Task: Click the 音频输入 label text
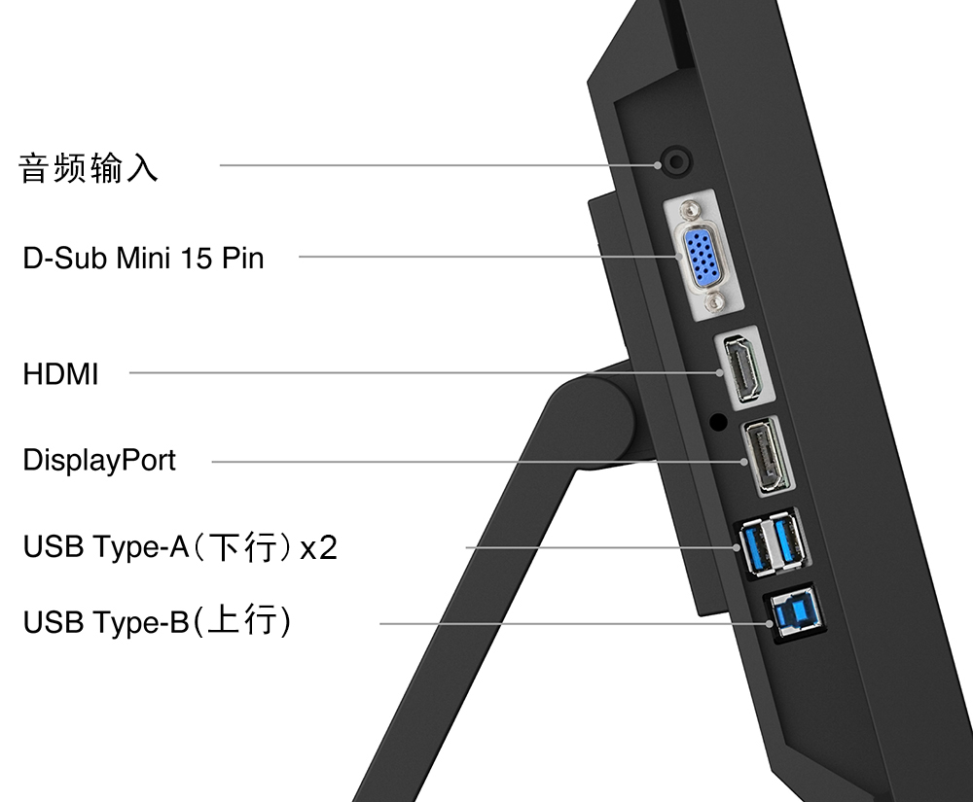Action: pyautogui.click(x=89, y=168)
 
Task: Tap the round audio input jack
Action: pyautogui.click(x=677, y=162)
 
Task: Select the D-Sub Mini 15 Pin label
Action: pyautogui.click(x=143, y=258)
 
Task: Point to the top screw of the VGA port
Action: pyautogui.click(x=690, y=211)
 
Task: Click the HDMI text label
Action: pyautogui.click(x=60, y=374)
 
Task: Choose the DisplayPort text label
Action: pyautogui.click(x=99, y=461)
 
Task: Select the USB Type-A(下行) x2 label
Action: pyautogui.click(x=180, y=547)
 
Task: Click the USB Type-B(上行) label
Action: pyautogui.click(x=157, y=621)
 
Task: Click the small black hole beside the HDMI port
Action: pyautogui.click(x=718, y=423)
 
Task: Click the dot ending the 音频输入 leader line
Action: pyautogui.click(x=657, y=165)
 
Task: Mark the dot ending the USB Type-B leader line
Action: pyautogui.click(x=770, y=623)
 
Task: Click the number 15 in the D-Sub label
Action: pyautogui.click(x=197, y=258)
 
